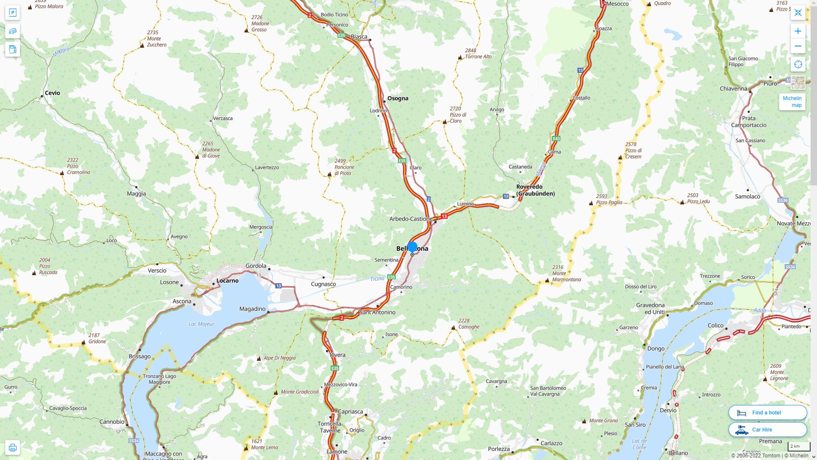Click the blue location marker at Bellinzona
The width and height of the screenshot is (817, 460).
(412, 247)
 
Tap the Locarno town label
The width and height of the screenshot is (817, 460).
(227, 281)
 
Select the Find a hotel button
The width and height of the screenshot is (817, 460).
(768, 412)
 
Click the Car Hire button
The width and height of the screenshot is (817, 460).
(768, 429)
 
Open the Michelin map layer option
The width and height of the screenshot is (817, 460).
(792, 101)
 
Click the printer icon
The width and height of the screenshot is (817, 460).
(12, 448)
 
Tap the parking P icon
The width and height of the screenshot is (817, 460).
(12, 13)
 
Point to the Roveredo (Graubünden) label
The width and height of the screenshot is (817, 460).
(535, 190)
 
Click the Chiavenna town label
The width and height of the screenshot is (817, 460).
(733, 89)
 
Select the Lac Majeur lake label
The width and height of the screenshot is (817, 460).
(201, 324)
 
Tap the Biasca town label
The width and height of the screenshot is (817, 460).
(359, 37)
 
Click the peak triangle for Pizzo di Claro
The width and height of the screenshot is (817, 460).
(445, 122)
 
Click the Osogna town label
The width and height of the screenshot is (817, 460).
(397, 98)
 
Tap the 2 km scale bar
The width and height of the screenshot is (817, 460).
(799, 447)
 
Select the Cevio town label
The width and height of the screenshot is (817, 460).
(52, 93)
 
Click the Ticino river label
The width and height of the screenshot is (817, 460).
(377, 279)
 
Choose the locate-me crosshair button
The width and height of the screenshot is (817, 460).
(798, 64)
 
